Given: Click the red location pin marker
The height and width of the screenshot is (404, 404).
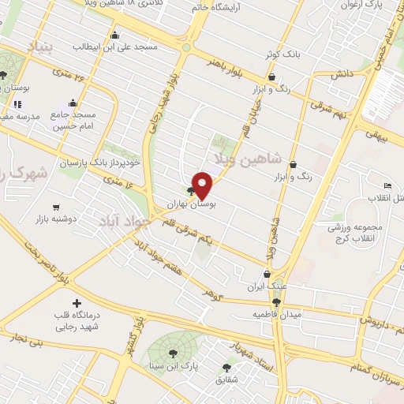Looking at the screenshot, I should (203, 185).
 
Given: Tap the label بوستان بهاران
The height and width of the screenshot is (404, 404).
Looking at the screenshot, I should (190, 204).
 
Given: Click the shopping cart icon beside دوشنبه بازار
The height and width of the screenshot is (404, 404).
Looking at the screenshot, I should (55, 207).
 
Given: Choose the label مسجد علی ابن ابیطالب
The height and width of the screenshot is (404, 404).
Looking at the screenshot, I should (115, 47).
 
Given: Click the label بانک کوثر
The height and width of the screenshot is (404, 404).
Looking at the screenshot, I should (282, 56).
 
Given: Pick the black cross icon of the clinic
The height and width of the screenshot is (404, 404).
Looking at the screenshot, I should (77, 303).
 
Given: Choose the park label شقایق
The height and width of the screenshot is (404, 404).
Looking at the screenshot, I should (226, 380).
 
